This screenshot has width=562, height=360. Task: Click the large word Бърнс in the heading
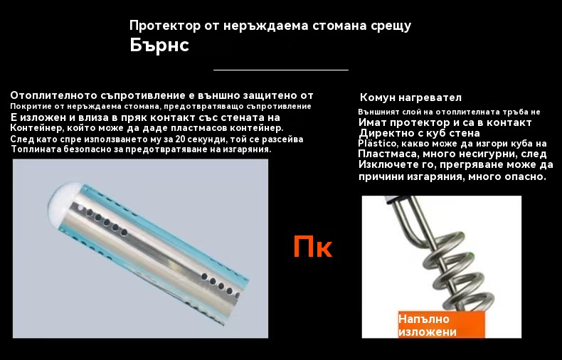pyautogui.click(x=159, y=46)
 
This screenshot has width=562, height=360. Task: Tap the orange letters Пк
pyautogui.click(x=312, y=246)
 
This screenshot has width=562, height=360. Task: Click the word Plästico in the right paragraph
pyautogui.click(x=378, y=144)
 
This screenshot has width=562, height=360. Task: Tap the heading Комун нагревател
pyautogui.click(x=410, y=97)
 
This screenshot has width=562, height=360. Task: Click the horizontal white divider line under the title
pyautogui.click(x=281, y=70)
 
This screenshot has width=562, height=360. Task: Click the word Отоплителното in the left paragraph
pyautogui.click(x=54, y=95)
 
